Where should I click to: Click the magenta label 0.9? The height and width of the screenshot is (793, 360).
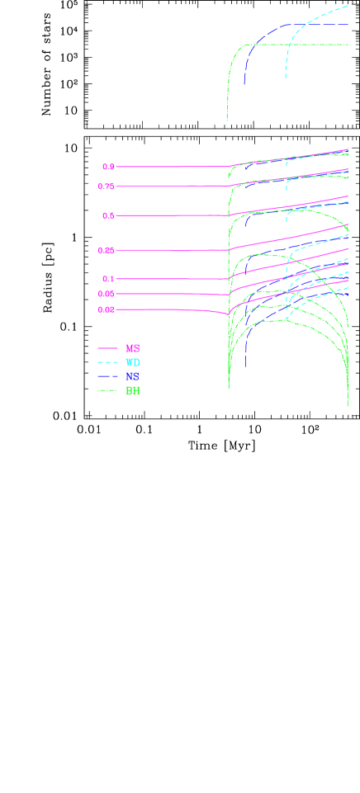pyautogui.click(x=108, y=167)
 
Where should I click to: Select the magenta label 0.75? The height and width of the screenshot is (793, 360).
pyautogui.click(x=106, y=186)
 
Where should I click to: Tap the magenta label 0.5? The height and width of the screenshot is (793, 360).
pyautogui.click(x=108, y=216)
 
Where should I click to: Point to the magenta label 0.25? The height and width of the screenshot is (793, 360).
pyautogui.click(x=106, y=250)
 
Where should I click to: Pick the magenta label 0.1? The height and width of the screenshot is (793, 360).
pyautogui.click(x=108, y=279)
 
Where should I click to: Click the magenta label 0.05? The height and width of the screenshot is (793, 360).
pyautogui.click(x=106, y=294)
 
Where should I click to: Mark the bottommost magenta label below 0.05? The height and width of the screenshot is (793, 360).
pyautogui.click(x=106, y=309)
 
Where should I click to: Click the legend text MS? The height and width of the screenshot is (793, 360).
pyautogui.click(x=132, y=349)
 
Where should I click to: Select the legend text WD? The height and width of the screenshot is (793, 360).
pyautogui.click(x=132, y=362)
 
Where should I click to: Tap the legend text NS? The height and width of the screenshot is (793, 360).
pyautogui.click(x=132, y=376)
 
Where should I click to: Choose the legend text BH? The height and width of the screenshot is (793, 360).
pyautogui.click(x=132, y=390)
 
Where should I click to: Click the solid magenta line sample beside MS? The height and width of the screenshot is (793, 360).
pyautogui.click(x=107, y=349)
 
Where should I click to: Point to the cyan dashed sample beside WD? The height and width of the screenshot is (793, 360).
pyautogui.click(x=107, y=362)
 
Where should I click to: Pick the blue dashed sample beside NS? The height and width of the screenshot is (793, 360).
pyautogui.click(x=107, y=376)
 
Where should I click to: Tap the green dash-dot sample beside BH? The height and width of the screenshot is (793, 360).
pyautogui.click(x=107, y=390)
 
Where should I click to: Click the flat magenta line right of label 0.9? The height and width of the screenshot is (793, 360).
pyautogui.click(x=173, y=167)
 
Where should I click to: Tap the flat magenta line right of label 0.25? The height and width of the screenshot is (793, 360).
pyautogui.click(x=173, y=250)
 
